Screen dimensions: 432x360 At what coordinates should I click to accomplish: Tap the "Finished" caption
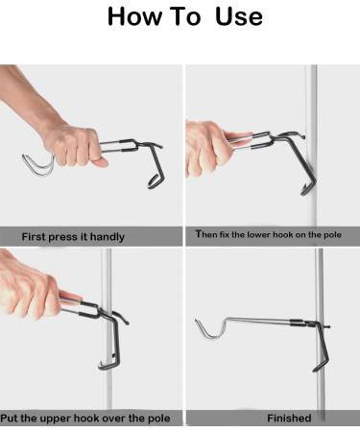289,419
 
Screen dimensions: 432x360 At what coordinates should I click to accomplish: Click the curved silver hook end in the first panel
35,164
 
